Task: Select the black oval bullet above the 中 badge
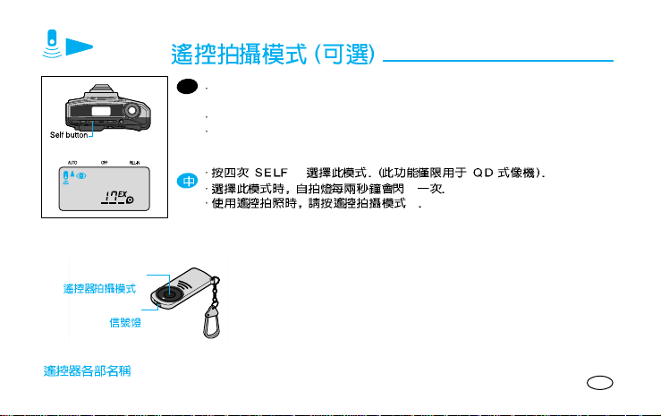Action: [186, 88]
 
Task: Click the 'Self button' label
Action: [68, 136]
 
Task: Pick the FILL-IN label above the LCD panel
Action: [134, 163]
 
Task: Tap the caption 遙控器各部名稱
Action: [89, 369]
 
